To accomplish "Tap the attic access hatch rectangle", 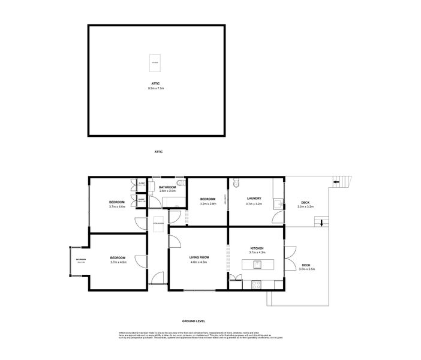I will tap(155, 62).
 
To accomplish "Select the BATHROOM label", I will tap(167, 187).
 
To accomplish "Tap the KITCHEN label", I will tap(257, 248).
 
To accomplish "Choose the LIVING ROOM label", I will tap(198, 257).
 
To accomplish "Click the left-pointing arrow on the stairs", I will tap(336, 181).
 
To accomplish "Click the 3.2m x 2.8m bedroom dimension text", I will tap(208, 203).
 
